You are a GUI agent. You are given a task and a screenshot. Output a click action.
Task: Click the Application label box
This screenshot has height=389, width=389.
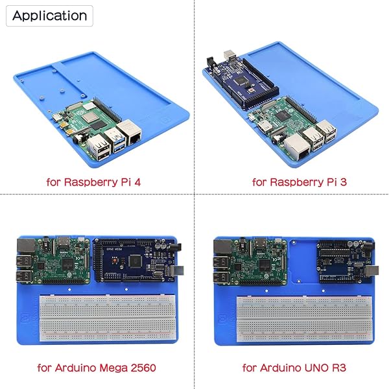tap(49, 16)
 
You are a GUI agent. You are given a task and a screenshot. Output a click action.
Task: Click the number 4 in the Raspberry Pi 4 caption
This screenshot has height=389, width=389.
tap(137, 182)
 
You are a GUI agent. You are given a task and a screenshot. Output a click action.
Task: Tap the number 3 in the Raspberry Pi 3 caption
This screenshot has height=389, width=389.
tap(344, 182)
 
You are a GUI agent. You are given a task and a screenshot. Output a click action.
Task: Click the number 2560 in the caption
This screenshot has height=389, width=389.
tap(143, 368)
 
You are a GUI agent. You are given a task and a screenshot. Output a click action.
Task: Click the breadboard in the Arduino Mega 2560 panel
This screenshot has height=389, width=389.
tap(108, 318)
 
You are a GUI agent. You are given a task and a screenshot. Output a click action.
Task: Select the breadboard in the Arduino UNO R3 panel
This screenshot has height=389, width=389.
tap(305, 319)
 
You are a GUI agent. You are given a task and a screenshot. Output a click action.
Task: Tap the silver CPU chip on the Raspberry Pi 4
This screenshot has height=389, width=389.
tap(88, 118)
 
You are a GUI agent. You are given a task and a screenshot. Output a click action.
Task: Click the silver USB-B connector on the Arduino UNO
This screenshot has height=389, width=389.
tap(373, 270)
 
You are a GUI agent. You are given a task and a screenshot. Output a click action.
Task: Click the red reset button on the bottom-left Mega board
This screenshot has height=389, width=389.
tap(114, 261)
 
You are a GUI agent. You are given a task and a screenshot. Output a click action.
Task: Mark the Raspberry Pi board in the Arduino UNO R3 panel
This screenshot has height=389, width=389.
tap(250, 261)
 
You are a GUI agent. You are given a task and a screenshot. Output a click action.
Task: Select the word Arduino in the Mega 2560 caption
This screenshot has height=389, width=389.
tap(75, 368)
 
